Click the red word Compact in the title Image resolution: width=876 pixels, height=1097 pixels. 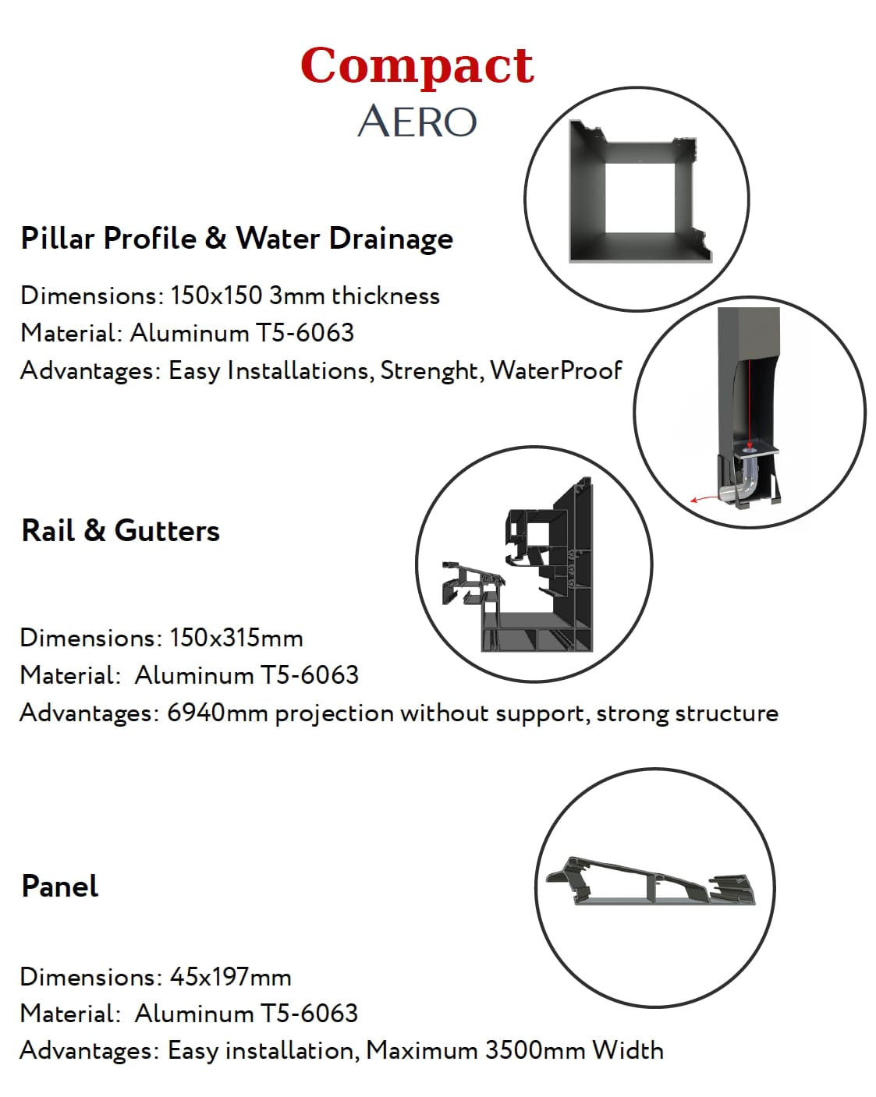(417, 66)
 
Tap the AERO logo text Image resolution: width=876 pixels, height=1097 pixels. (417, 122)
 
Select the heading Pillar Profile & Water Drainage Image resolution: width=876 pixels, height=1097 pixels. (236, 239)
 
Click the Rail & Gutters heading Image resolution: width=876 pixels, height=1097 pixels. (120, 531)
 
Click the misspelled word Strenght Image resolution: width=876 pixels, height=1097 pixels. (431, 371)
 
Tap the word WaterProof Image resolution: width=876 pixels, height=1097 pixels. (556, 370)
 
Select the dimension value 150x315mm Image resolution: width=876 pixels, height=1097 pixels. (236, 639)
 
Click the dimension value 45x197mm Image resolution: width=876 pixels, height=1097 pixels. (231, 977)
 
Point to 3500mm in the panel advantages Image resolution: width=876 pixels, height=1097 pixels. (535, 1050)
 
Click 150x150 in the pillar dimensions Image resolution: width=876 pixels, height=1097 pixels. (216, 295)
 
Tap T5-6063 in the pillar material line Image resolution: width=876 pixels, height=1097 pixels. (304, 334)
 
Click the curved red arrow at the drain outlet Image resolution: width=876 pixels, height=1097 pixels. (704, 498)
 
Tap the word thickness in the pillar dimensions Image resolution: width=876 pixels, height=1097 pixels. (385, 295)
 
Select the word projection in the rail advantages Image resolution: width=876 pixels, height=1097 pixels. (334, 713)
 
